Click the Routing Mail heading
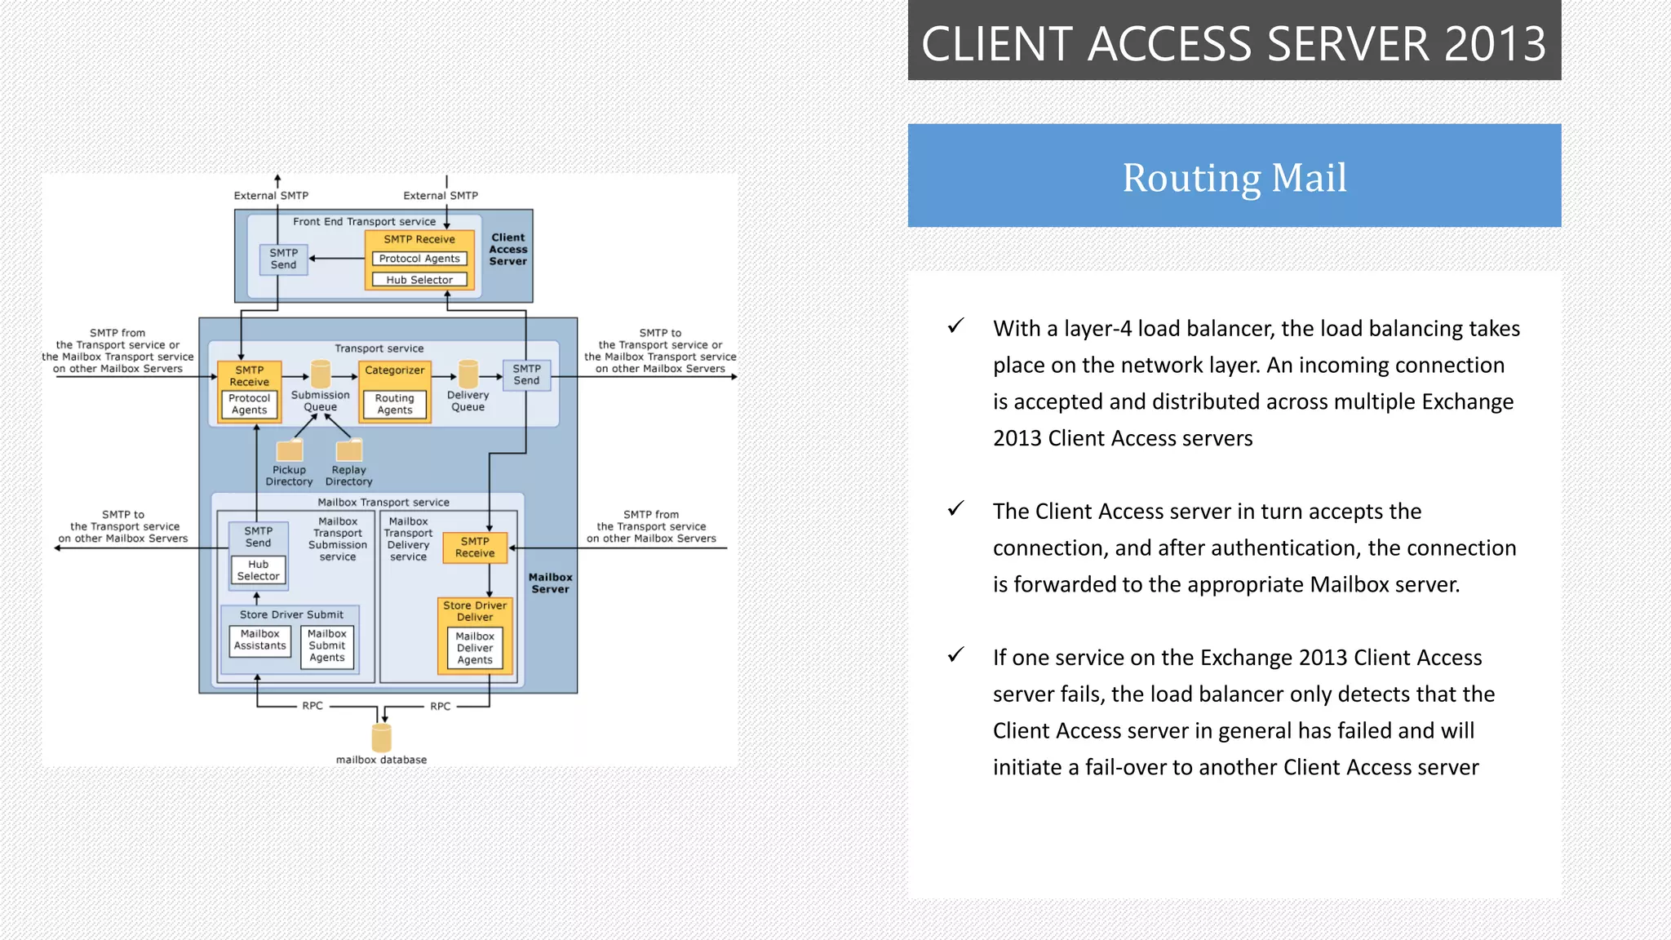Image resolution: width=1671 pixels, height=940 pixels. point(1234,177)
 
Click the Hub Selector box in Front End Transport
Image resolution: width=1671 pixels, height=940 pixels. point(419,280)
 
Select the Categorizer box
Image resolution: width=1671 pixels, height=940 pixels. point(395,370)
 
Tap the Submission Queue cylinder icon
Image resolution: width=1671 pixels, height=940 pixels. point(321,375)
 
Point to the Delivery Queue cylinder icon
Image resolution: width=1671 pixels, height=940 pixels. point(468,375)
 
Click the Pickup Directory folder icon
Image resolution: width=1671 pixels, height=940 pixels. point(290,450)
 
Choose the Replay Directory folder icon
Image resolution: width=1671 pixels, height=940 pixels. point(349,450)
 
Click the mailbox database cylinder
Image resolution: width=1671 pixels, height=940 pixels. point(382,737)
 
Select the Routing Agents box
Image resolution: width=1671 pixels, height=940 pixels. point(395,404)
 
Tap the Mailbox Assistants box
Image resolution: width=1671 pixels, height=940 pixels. point(260,640)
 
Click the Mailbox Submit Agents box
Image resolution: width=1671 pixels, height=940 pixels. point(327,645)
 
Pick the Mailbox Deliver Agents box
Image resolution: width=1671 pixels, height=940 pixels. point(475,648)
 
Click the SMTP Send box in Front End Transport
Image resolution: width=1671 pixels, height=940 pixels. point(284,259)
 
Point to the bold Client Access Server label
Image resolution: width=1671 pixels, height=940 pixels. point(508,250)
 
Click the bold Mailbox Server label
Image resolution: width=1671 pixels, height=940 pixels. point(551,583)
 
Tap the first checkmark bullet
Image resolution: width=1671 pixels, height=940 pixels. point(955,326)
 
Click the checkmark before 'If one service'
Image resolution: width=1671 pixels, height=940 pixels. point(955,655)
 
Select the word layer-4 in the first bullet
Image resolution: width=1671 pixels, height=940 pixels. point(1091,329)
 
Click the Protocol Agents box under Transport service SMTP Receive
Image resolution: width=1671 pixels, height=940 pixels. point(250,404)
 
